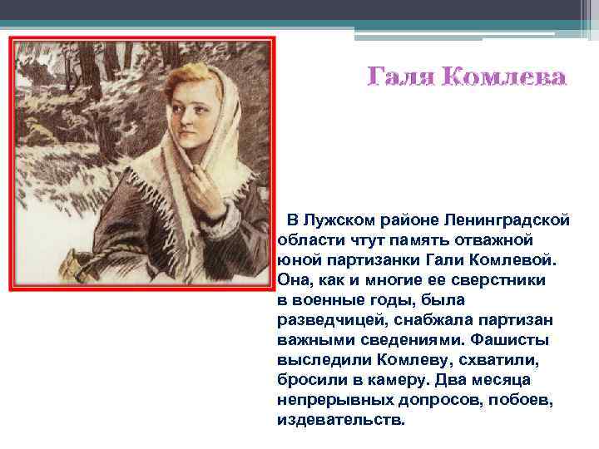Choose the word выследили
coord(317,360)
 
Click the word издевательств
coord(341,420)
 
